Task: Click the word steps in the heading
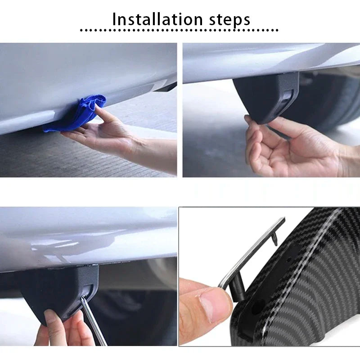[227, 20]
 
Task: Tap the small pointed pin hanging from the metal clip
[274, 243]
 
